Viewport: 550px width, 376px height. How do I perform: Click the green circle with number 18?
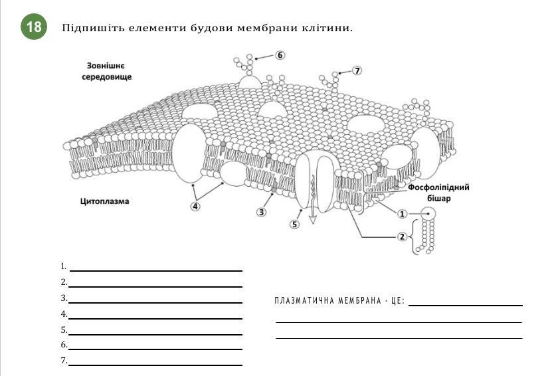(x=34, y=27)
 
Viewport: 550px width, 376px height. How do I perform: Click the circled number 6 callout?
(x=280, y=55)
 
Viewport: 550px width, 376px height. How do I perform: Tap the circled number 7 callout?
(x=357, y=70)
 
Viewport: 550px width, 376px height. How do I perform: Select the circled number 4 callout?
(x=195, y=206)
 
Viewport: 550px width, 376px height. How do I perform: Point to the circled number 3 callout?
(x=261, y=212)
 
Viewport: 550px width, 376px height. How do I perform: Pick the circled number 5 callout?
(x=295, y=224)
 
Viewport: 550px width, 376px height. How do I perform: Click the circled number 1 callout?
(x=402, y=213)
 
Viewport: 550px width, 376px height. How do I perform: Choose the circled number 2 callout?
(x=402, y=236)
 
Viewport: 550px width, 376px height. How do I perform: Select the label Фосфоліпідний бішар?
(x=438, y=193)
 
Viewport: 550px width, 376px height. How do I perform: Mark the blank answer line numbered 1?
(x=156, y=270)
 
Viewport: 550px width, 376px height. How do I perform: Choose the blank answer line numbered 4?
(x=156, y=318)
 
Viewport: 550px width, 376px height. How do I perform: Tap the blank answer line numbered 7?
(x=156, y=364)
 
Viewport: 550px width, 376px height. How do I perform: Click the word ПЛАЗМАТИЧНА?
(x=301, y=301)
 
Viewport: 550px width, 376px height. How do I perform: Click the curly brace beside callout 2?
(x=416, y=237)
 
